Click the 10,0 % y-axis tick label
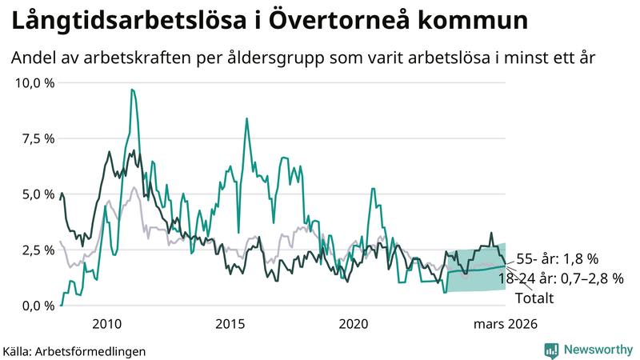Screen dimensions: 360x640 34,82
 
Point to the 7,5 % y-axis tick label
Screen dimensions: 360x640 37,138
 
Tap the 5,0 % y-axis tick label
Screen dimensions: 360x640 37,194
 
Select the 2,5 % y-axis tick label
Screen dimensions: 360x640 37,250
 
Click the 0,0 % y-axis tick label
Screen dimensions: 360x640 37,306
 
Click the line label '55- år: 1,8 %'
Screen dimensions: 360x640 558,259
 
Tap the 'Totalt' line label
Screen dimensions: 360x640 534,298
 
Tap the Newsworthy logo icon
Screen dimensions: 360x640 551,350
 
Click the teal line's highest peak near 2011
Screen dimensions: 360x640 132,90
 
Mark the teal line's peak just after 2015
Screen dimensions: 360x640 246,119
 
